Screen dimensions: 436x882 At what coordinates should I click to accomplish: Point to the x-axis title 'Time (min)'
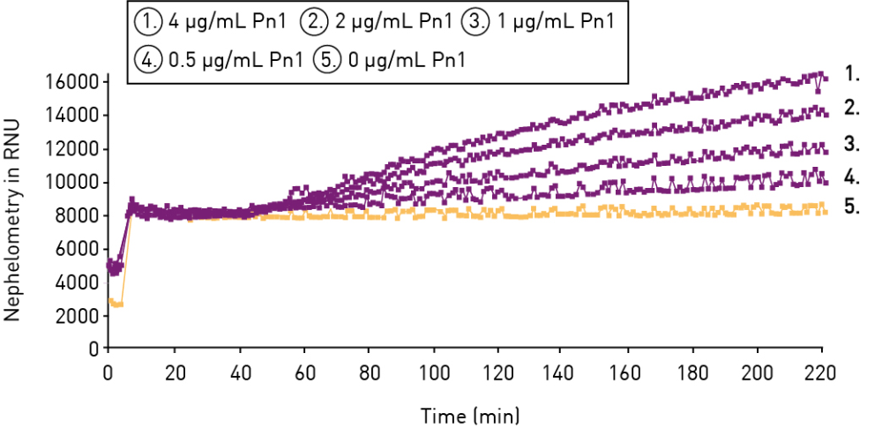pyautogui.click(x=469, y=414)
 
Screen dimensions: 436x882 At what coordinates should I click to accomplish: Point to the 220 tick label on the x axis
pyautogui.click(x=822, y=371)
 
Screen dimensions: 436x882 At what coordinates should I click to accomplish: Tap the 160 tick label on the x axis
pyautogui.click(x=629, y=371)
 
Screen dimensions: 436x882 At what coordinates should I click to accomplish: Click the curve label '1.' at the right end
pyautogui.click(x=851, y=73)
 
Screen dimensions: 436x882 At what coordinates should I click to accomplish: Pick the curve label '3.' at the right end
pyautogui.click(x=851, y=143)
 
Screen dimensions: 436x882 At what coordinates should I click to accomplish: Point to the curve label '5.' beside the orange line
pyautogui.click(x=851, y=207)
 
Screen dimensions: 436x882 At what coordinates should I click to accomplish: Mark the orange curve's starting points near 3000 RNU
pyautogui.click(x=116, y=303)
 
